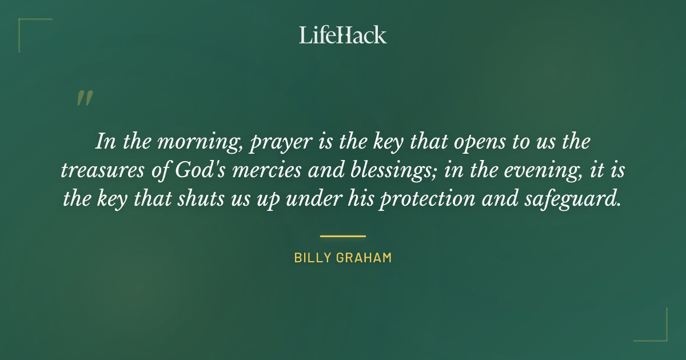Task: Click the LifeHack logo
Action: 343,35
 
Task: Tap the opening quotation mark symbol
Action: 85,98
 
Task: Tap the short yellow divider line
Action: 343,235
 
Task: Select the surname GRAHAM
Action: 364,258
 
